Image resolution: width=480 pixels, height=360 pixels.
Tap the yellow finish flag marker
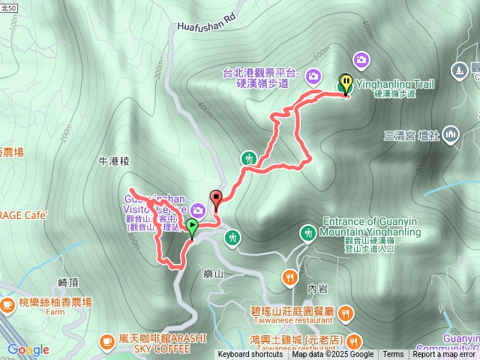[346, 83]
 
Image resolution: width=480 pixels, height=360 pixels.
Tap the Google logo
[28, 349]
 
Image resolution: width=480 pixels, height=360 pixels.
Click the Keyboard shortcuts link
[250, 355]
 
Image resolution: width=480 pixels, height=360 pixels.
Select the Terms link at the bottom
[393, 355]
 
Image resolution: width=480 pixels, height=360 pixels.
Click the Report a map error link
[445, 355]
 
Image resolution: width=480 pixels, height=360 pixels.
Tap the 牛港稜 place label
[114, 160]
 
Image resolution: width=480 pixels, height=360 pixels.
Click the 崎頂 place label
[68, 282]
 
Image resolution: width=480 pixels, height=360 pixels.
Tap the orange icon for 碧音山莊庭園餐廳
[345, 312]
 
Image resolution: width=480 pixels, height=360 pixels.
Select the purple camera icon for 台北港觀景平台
[313, 74]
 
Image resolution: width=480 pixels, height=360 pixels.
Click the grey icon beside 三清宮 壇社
[451, 136]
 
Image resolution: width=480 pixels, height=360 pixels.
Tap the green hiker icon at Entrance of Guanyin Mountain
[307, 234]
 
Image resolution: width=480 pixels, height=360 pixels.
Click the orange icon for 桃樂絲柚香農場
[7, 304]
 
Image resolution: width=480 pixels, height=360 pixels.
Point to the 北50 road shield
[10, 7]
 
